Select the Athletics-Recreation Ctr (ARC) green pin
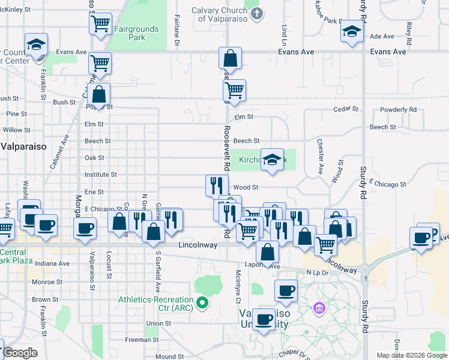pyautogui.click(x=202, y=302)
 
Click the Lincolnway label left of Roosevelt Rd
pyautogui.click(x=197, y=245)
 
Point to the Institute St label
pyautogui.click(x=100, y=175)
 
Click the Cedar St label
pyautogui.click(x=345, y=110)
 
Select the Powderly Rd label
pyautogui.click(x=398, y=110)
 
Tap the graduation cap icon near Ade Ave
pyautogui.click(x=351, y=31)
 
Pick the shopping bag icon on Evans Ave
pyautogui.click(x=230, y=59)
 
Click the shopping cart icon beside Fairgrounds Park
pyautogui.click(x=100, y=24)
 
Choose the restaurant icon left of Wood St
pyautogui.click(x=217, y=185)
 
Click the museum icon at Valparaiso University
pyautogui.click(x=319, y=308)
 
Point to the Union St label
pyautogui.click(x=159, y=323)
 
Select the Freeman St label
pyautogui.click(x=142, y=340)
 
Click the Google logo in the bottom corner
pyautogui.click(x=20, y=353)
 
